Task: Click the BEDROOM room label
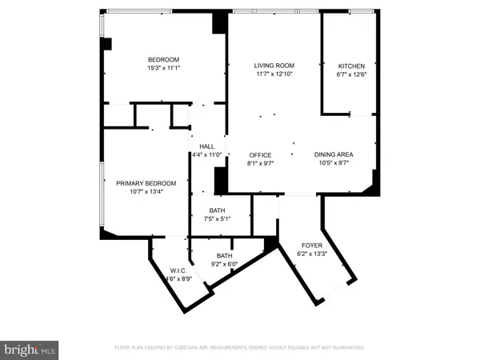[162, 60]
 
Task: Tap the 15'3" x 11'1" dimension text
[162, 69]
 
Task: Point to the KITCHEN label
[351, 66]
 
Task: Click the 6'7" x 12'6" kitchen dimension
[351, 74]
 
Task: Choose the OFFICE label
[260, 155]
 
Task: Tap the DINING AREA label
[334, 154]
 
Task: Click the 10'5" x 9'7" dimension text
[334, 163]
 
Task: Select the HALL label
[206, 146]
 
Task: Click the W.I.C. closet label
[177, 270]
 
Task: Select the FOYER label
[311, 245]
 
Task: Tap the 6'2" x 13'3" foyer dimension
[311, 254]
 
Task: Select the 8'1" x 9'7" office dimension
[260, 163]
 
